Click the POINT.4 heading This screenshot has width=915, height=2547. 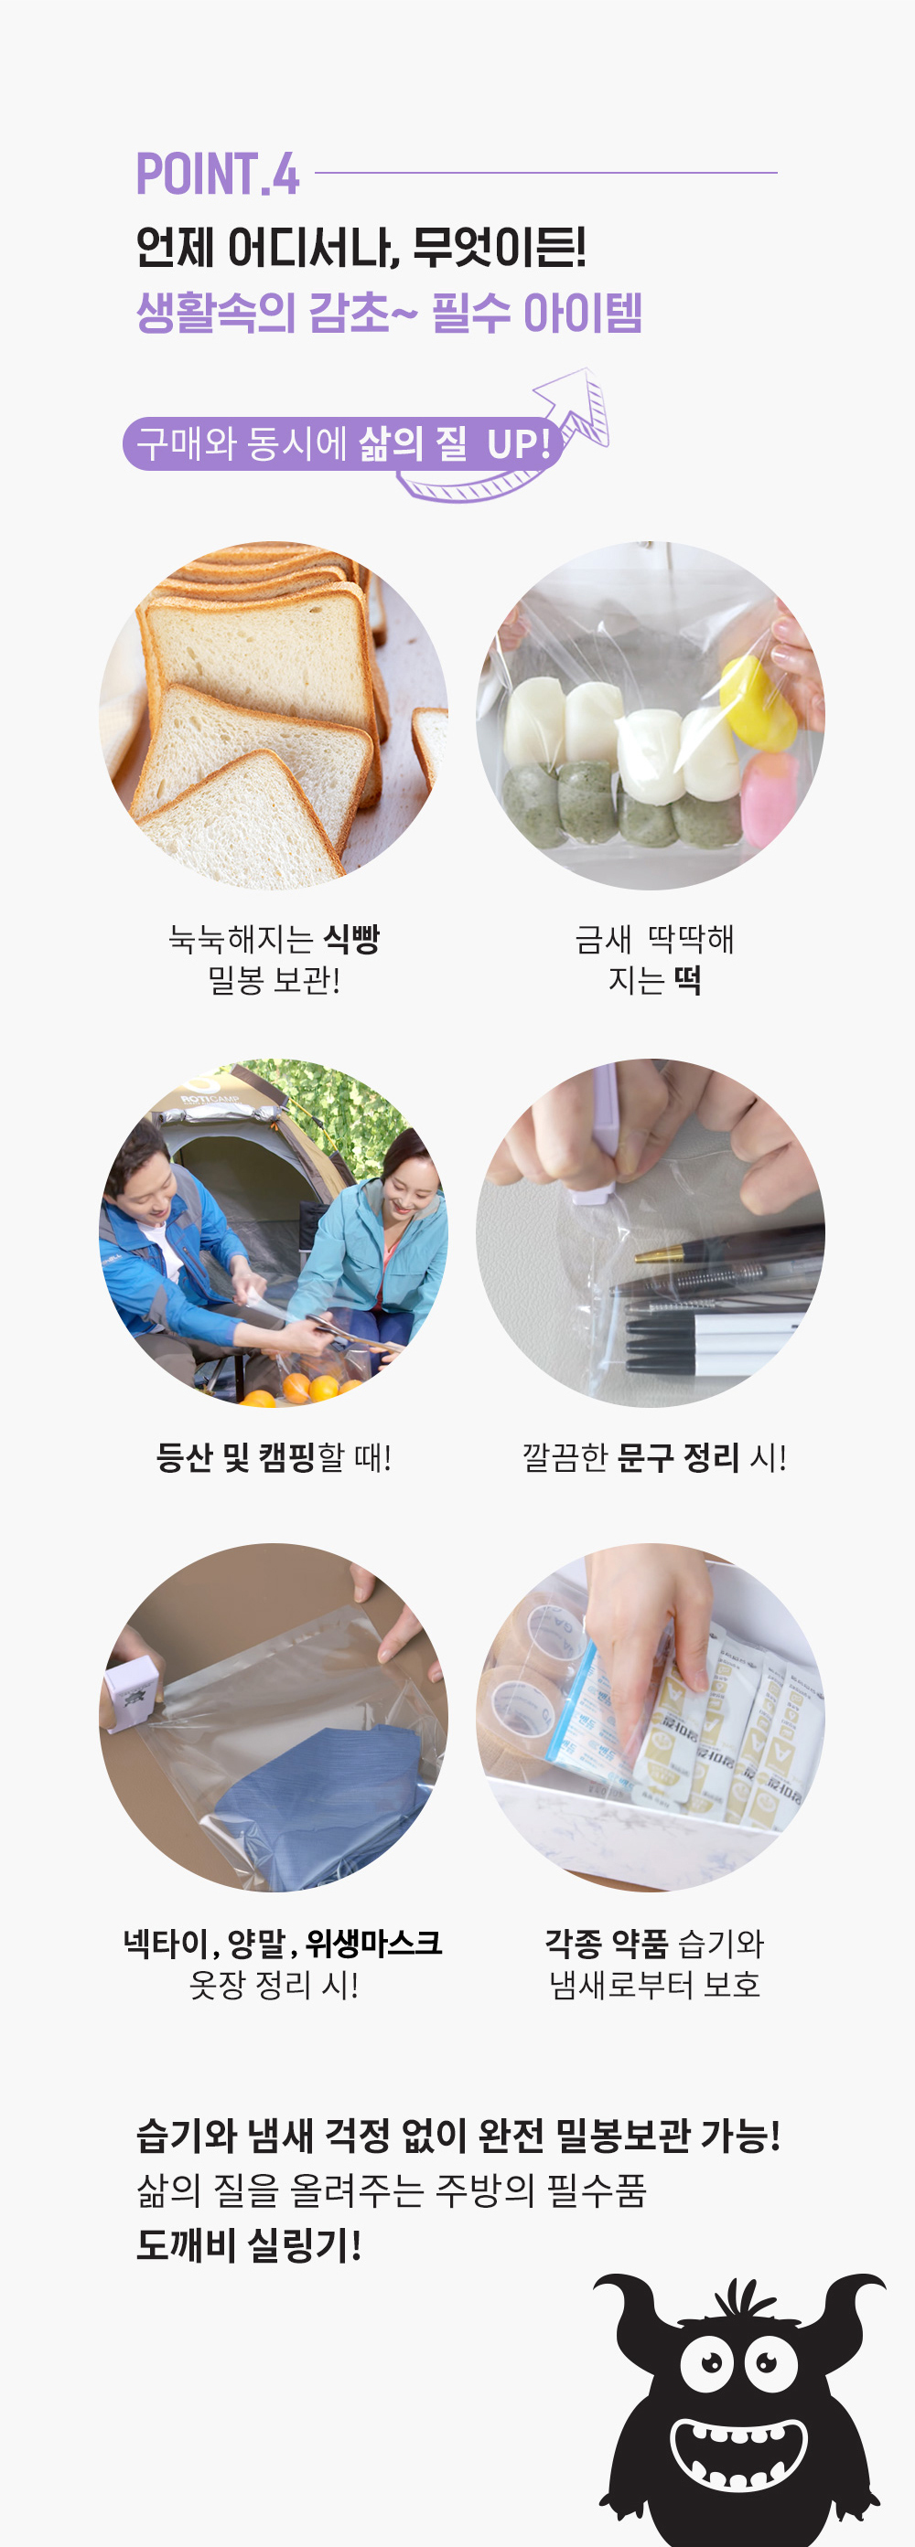[218, 174]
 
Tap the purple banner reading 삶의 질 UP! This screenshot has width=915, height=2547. [342, 443]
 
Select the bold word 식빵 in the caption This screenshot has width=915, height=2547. [352, 938]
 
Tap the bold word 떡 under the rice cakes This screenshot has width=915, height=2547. [686, 980]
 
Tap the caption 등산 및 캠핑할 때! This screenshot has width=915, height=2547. [274, 1457]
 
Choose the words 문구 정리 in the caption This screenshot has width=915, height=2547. [678, 1457]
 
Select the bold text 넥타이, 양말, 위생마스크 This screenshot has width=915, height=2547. [282, 1944]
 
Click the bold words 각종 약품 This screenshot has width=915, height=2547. [607, 1944]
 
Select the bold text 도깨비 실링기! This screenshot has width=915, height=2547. [248, 2245]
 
